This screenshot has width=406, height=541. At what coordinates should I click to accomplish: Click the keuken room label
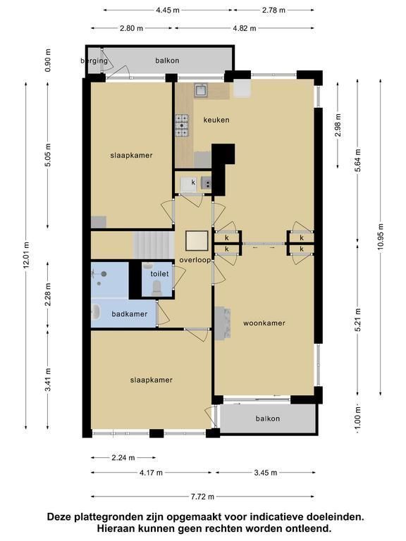click(216, 120)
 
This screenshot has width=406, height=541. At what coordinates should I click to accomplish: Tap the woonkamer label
click(264, 323)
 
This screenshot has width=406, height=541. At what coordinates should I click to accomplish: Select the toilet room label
click(159, 274)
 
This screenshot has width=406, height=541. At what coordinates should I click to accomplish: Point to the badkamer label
click(130, 314)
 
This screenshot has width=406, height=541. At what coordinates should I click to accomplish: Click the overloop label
click(195, 260)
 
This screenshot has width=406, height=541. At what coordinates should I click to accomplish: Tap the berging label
click(94, 61)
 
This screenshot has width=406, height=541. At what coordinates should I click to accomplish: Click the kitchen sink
click(201, 90)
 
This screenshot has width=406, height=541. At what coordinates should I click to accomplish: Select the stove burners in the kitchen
click(182, 125)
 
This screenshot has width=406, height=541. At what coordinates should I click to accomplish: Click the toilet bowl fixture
click(156, 287)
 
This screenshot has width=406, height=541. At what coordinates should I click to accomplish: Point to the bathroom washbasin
click(95, 312)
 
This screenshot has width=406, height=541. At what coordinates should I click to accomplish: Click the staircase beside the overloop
click(153, 245)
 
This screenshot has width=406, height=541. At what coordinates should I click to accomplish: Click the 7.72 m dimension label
click(203, 497)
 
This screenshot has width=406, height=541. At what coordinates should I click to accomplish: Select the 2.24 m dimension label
click(123, 458)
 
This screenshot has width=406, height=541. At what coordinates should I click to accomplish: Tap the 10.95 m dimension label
click(381, 238)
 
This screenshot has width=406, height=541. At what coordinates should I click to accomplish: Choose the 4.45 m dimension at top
click(168, 10)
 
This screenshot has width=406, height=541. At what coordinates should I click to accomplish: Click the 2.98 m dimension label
click(338, 125)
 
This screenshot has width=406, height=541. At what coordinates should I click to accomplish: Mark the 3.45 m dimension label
click(266, 473)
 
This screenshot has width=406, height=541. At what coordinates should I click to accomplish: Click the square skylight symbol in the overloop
click(197, 240)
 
